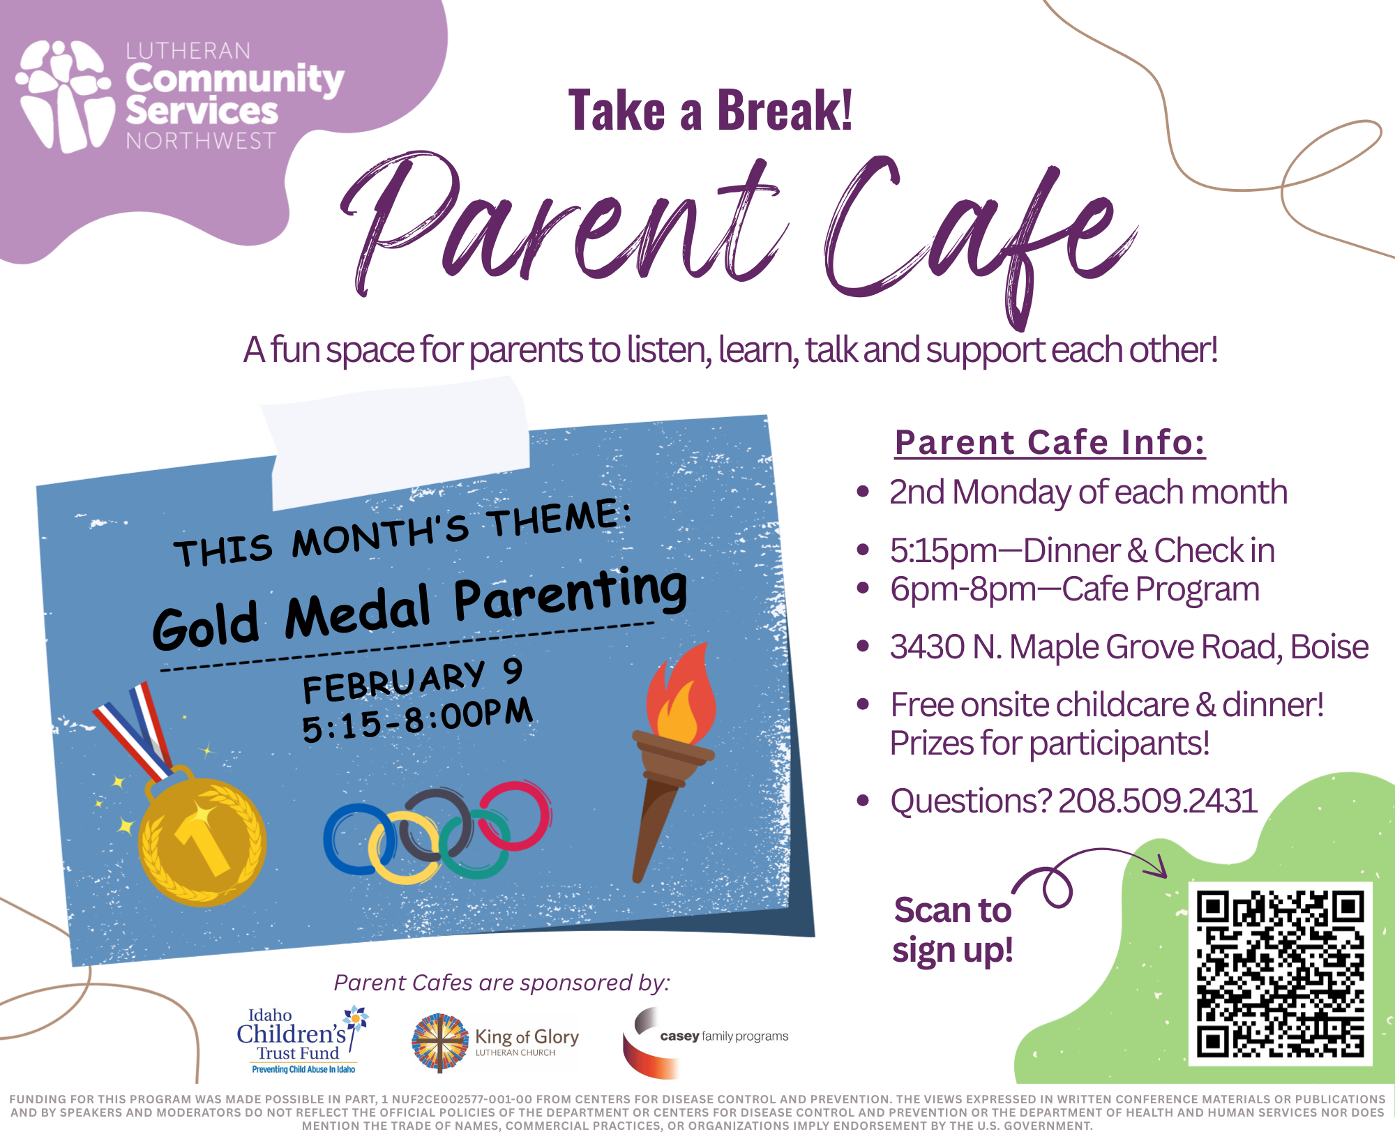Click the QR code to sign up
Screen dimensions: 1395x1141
tap(1280, 974)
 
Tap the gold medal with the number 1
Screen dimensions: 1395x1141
tap(202, 840)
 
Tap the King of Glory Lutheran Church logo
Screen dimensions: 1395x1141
tap(495, 1042)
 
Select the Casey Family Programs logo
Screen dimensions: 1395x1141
tap(705, 1042)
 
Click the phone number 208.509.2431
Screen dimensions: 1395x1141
tap(1158, 801)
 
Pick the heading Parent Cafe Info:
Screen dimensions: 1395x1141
tap(1050, 442)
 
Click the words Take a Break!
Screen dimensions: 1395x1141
tap(710, 110)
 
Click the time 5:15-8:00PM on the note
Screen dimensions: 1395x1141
tap(417, 720)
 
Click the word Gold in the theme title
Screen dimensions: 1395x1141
tap(206, 625)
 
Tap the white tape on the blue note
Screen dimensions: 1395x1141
tap(396, 442)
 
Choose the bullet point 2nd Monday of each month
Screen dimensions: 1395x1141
tap(1088, 492)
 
